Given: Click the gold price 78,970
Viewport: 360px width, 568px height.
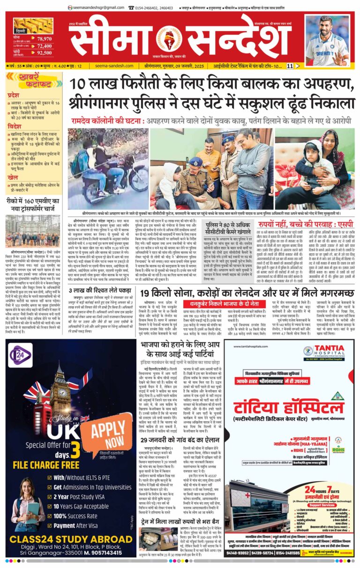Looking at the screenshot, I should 44,38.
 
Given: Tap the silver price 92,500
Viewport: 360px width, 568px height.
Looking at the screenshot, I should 44,53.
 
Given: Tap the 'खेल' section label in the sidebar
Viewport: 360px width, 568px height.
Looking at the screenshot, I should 13,178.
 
